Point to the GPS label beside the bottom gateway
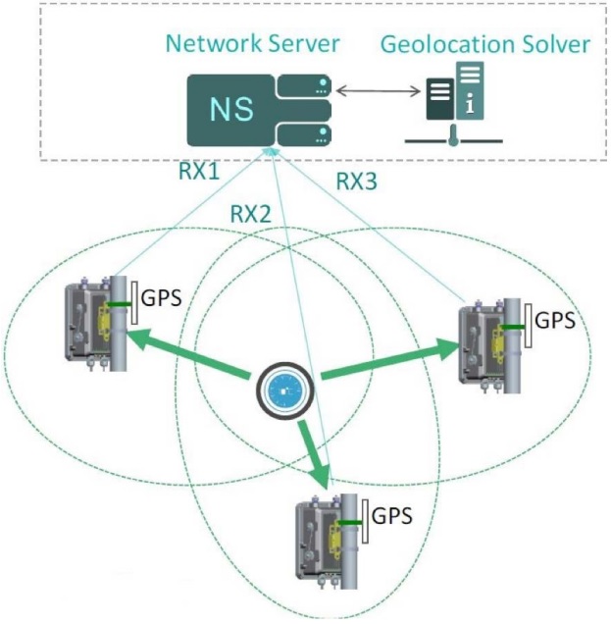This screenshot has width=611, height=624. tap(393, 514)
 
